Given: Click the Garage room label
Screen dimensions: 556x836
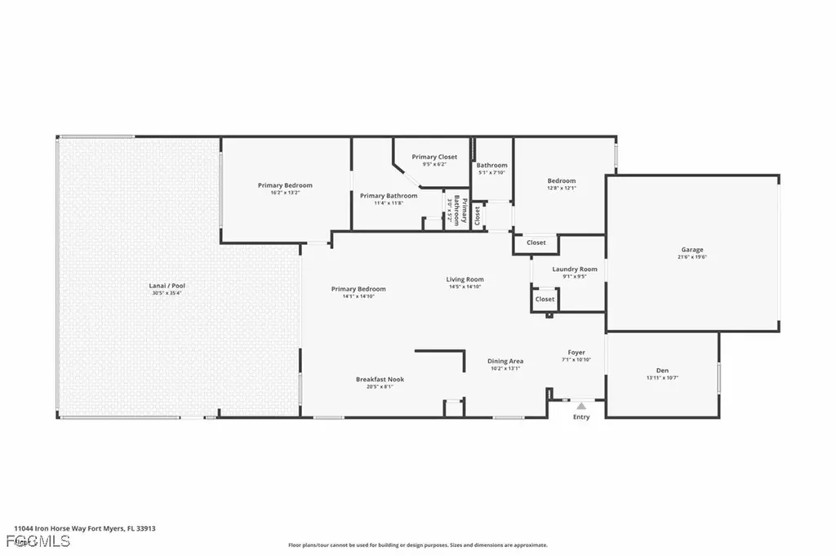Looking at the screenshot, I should click(692, 250).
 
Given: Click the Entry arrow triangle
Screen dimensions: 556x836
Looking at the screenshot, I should click(581, 405).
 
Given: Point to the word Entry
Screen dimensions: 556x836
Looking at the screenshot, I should click(581, 417).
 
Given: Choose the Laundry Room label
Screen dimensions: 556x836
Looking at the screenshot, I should click(574, 269).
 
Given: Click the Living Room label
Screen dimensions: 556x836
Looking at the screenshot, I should click(465, 280).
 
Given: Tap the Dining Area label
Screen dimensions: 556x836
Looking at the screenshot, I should click(505, 361).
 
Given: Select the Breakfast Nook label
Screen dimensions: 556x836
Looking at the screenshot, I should click(380, 380).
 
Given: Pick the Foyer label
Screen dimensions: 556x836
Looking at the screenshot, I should click(576, 353).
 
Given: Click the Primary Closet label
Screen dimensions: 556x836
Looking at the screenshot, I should click(434, 157).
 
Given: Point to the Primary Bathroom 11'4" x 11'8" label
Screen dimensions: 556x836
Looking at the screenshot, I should click(389, 196).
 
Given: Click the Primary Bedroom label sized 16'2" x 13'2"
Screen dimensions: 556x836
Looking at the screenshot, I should click(285, 185).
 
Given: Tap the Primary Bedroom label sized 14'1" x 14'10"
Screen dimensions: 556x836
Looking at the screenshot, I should click(358, 289).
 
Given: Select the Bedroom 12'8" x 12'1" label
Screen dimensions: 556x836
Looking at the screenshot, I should click(562, 181).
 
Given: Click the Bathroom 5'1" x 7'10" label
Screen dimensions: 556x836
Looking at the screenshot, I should click(492, 166).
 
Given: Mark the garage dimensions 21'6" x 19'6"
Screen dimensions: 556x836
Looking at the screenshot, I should click(692, 257).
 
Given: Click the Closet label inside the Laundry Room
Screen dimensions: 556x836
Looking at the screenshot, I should click(545, 300).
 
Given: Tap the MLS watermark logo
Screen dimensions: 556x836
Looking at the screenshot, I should click(26, 541).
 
